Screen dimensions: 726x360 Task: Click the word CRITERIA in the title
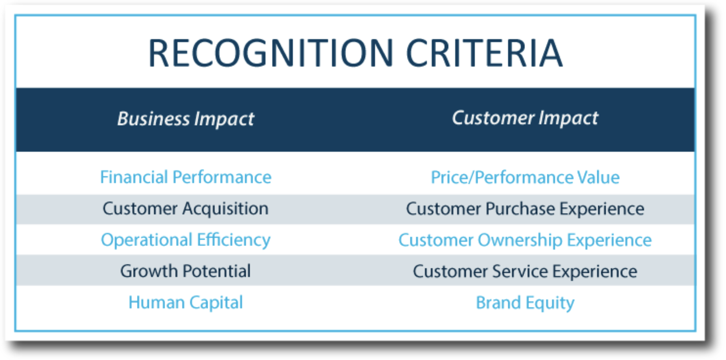click(484, 53)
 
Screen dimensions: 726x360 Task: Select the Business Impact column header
click(186, 119)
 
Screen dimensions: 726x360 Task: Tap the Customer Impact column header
click(525, 118)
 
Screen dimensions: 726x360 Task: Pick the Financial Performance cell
click(186, 177)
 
